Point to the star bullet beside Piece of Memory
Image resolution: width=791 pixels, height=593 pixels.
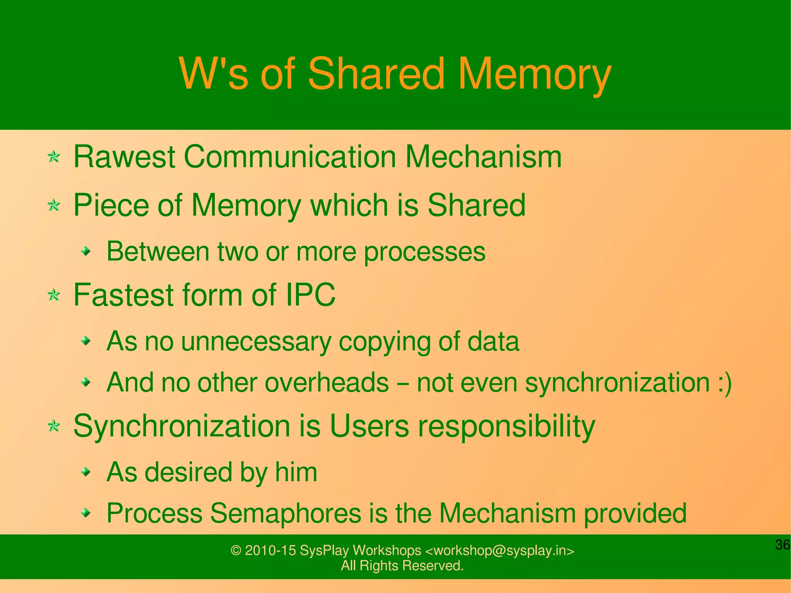[x=54, y=205]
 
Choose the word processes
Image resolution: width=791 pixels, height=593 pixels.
[x=425, y=252]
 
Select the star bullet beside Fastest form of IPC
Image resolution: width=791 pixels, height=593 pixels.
[x=54, y=296]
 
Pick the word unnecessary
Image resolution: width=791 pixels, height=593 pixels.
[x=256, y=342]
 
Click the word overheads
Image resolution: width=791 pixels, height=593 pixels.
[x=326, y=382]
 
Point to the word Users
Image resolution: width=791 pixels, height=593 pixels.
[x=369, y=426]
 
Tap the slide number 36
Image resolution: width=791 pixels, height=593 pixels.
[x=783, y=545]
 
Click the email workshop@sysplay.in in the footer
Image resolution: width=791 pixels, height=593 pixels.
[x=500, y=550]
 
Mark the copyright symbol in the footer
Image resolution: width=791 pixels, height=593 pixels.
[x=236, y=550]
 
